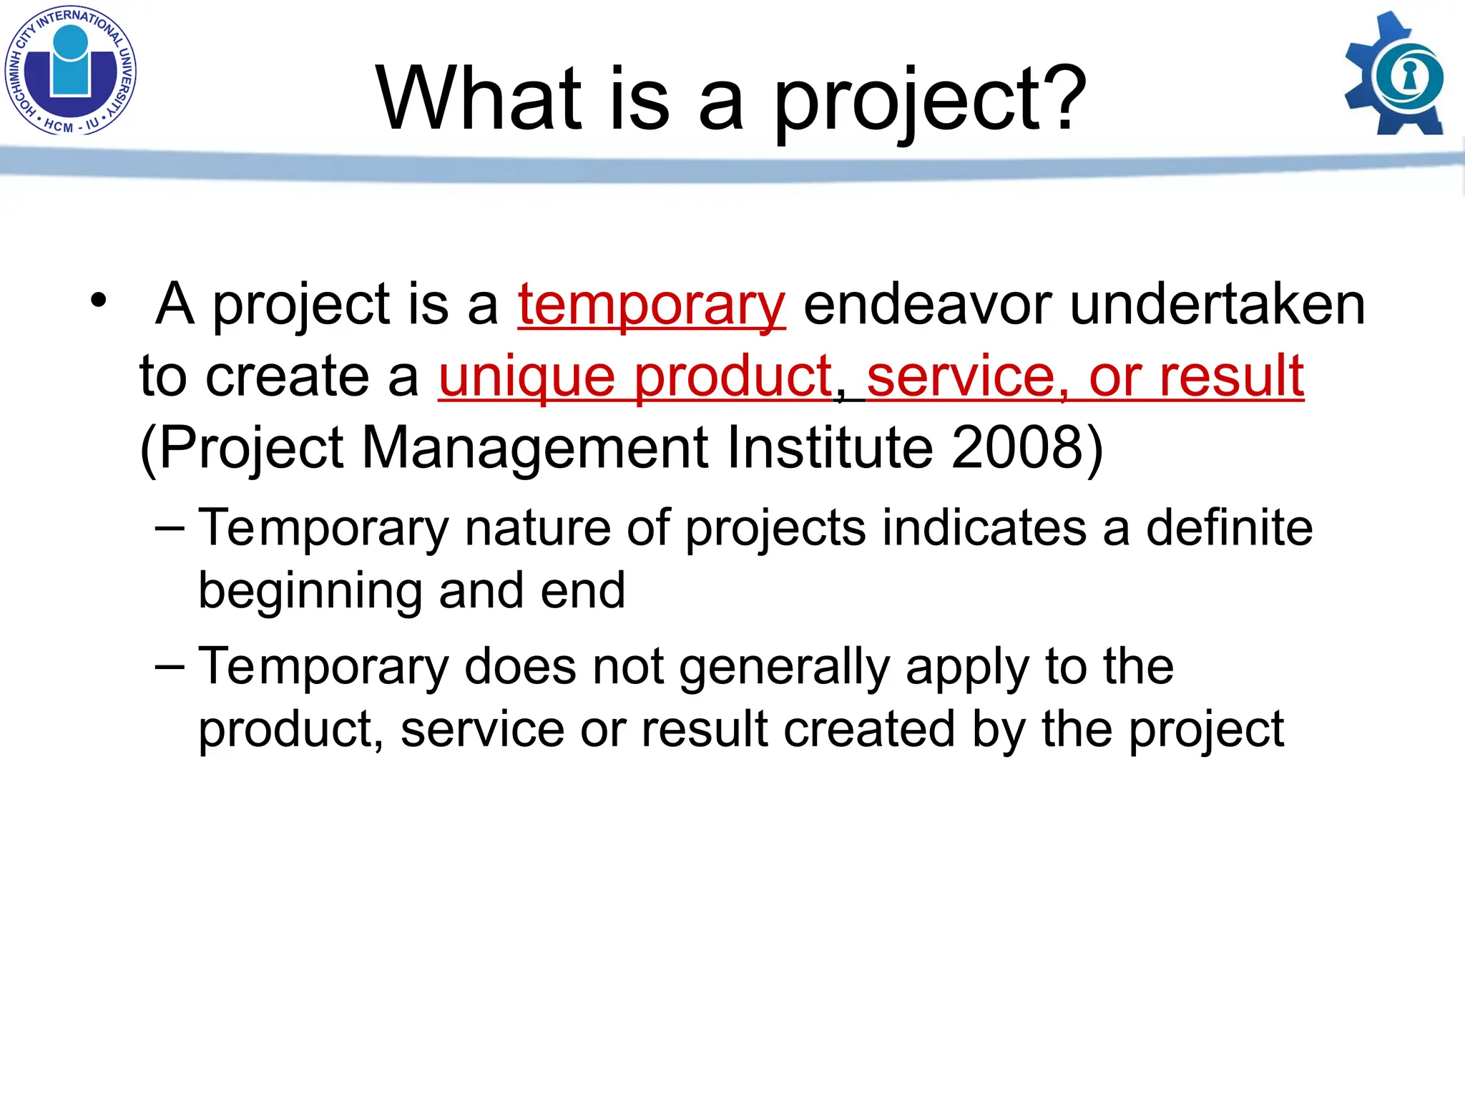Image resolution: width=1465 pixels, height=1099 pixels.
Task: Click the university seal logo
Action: [70, 71]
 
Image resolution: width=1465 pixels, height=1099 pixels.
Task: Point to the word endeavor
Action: [928, 304]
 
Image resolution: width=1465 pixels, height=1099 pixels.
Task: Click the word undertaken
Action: [1217, 304]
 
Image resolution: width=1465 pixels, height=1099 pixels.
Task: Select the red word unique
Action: [526, 377]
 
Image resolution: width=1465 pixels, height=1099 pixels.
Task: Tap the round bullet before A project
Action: [98, 301]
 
